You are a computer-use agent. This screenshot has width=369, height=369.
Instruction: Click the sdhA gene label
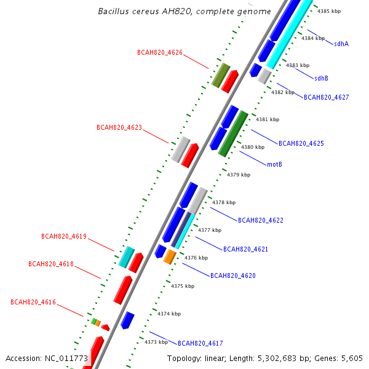click(x=341, y=44)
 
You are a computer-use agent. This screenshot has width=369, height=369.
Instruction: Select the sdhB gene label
click(x=321, y=78)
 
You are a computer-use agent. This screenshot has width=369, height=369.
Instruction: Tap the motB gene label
click(x=274, y=164)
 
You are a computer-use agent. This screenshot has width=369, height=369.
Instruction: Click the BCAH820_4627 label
click(x=326, y=97)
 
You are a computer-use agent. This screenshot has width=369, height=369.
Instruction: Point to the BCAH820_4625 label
click(x=301, y=143)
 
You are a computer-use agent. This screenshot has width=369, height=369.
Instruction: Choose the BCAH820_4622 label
click(x=260, y=220)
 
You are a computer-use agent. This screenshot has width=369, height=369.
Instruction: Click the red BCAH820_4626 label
click(x=159, y=53)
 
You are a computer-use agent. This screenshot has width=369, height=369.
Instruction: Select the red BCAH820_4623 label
click(x=119, y=128)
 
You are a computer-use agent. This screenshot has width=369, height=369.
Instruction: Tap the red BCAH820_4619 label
click(x=63, y=236)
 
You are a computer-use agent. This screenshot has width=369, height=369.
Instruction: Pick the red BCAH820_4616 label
click(x=33, y=302)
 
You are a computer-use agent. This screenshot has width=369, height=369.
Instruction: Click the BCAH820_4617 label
click(x=200, y=343)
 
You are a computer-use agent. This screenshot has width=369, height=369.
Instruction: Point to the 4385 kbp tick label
click(x=328, y=11)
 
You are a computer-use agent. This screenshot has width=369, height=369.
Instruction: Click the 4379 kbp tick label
click(x=239, y=175)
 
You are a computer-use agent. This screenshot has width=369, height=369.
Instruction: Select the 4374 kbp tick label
click(x=169, y=314)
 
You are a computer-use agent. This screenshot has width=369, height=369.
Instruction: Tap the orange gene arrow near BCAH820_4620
click(x=170, y=257)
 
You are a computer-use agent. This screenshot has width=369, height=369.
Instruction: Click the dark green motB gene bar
click(x=233, y=133)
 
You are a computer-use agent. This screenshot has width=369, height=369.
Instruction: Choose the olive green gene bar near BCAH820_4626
click(x=220, y=74)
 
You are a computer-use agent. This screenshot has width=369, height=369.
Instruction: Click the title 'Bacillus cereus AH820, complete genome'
click(x=184, y=12)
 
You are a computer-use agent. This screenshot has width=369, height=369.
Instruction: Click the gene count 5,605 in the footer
click(x=353, y=358)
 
